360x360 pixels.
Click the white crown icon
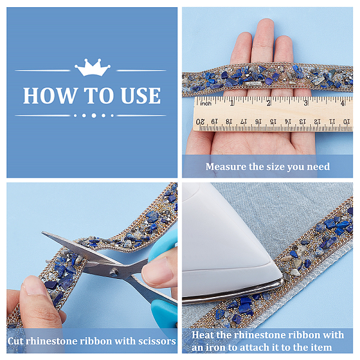click(92, 67)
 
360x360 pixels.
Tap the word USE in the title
click(140, 96)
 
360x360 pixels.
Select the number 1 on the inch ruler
click(232, 103)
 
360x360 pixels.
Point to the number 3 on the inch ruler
click(305, 103)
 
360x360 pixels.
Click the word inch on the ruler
click(205, 104)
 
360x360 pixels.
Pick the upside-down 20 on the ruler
click(200, 121)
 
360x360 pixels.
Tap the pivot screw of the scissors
click(113, 272)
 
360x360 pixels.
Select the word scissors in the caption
click(157, 341)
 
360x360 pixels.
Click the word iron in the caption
click(215, 347)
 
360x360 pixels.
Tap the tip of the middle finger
click(266, 21)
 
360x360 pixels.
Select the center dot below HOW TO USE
click(94, 115)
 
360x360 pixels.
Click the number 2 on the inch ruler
click(269, 103)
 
